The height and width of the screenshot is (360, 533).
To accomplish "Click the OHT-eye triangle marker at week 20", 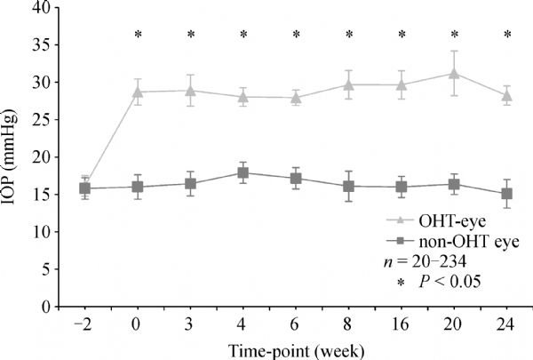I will coord(455,73).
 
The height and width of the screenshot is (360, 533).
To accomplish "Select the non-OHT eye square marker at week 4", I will coord(243,172).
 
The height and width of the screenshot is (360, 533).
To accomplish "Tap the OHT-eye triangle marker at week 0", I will coord(138,92).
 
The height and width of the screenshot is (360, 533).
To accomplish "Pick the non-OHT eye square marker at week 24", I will coord(507,194).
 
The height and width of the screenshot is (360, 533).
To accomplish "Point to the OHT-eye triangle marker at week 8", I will coord(349,84).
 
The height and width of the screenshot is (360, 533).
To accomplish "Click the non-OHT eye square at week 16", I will coord(402,187).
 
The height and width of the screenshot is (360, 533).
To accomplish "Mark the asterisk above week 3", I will coord(190,36).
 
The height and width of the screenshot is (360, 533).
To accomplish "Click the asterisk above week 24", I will coord(507,36).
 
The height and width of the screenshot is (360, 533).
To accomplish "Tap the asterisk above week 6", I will coord(296,36).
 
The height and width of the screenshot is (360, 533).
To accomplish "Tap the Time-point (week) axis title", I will coord(296,347).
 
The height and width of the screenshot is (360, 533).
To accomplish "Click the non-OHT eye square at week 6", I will coord(296,179).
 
